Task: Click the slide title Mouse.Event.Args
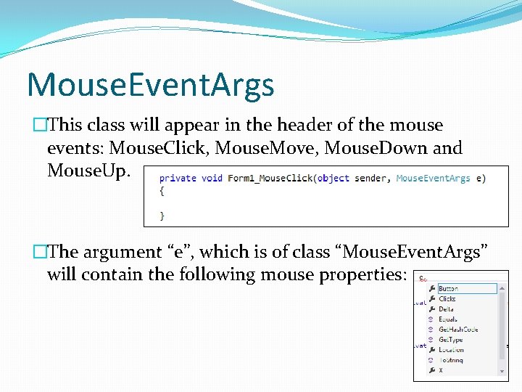[x=150, y=85]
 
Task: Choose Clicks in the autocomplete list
[x=447, y=299]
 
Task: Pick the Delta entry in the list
[x=446, y=309]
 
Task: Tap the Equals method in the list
[x=447, y=319]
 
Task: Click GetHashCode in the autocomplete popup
[x=457, y=330]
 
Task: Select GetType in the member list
[x=450, y=340]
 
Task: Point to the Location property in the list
[x=451, y=350]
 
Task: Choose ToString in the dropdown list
[x=450, y=360]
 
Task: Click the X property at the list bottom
[x=441, y=370]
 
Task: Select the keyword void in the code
[x=212, y=179]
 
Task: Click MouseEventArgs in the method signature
[x=433, y=179]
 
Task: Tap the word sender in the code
[x=370, y=179]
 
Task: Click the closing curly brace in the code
[x=162, y=216]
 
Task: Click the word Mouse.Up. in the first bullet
[x=89, y=171]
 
